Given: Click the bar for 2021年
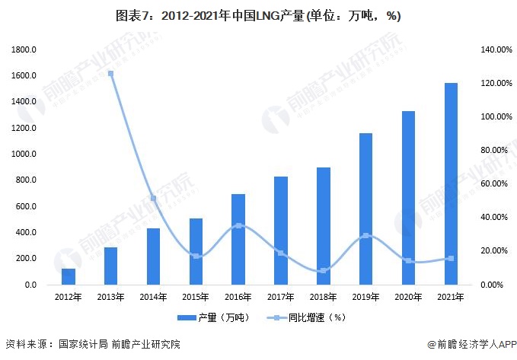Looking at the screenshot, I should point(451,183).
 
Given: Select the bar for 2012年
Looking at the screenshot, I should point(69,277).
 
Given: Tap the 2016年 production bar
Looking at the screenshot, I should point(238,239).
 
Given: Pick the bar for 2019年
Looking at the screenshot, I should point(366,209).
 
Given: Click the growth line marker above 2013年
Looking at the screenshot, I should point(110,74).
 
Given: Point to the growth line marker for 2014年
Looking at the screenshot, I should point(153,199).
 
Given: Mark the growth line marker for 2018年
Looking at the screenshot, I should point(324,270).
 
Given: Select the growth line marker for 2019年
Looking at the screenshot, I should point(366,236).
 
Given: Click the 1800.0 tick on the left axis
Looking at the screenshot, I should point(24,49).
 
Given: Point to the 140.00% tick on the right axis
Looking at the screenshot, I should point(496,49).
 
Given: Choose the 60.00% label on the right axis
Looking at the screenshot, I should point(496,183).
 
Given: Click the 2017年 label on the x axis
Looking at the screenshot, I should point(281,298).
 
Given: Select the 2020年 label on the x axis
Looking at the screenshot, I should point(408,298).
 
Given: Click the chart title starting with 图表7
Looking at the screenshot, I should point(258,15).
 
